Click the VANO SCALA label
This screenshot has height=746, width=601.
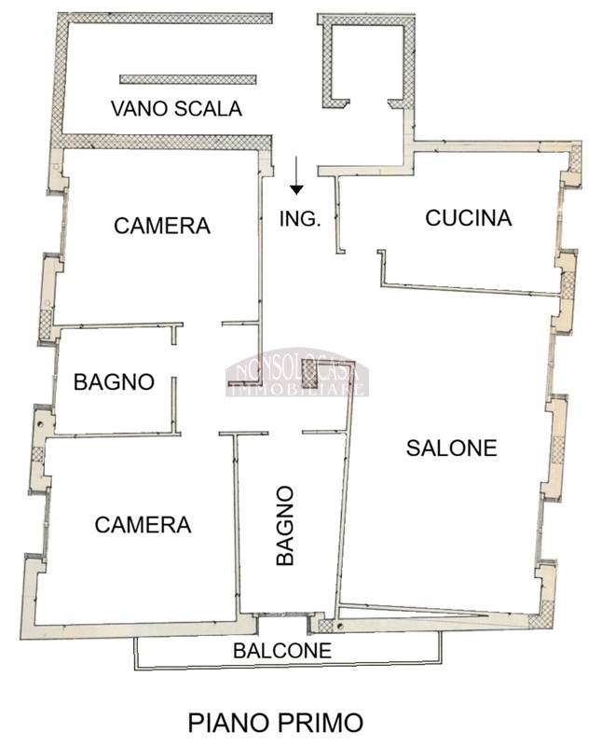pyautogui.click(x=176, y=108)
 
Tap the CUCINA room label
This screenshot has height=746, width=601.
pyautogui.click(x=469, y=218)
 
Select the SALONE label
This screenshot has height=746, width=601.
pyautogui.click(x=452, y=449)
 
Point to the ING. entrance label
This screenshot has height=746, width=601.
pyautogui.click(x=300, y=219)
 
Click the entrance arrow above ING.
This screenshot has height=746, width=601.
pyautogui.click(x=296, y=175)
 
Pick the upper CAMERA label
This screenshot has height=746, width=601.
pyautogui.click(x=162, y=226)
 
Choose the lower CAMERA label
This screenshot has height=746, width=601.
pyautogui.click(x=143, y=525)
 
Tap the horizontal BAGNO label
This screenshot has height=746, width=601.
pyautogui.click(x=114, y=381)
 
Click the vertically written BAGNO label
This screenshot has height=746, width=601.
pyautogui.click(x=285, y=525)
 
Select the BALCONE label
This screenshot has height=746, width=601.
pyautogui.click(x=282, y=650)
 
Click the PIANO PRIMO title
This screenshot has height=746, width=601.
pyautogui.click(x=276, y=722)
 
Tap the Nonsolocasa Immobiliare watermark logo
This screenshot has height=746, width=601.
pyautogui.click(x=297, y=372)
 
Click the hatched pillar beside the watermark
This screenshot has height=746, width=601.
pyautogui.click(x=309, y=374)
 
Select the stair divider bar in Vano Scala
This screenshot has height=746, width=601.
pyautogui.click(x=188, y=79)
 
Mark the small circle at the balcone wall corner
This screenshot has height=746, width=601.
pyautogui.click(x=339, y=626)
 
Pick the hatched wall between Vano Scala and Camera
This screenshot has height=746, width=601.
pyautogui.click(x=167, y=142)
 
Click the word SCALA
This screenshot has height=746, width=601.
pyautogui.click(x=209, y=108)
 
